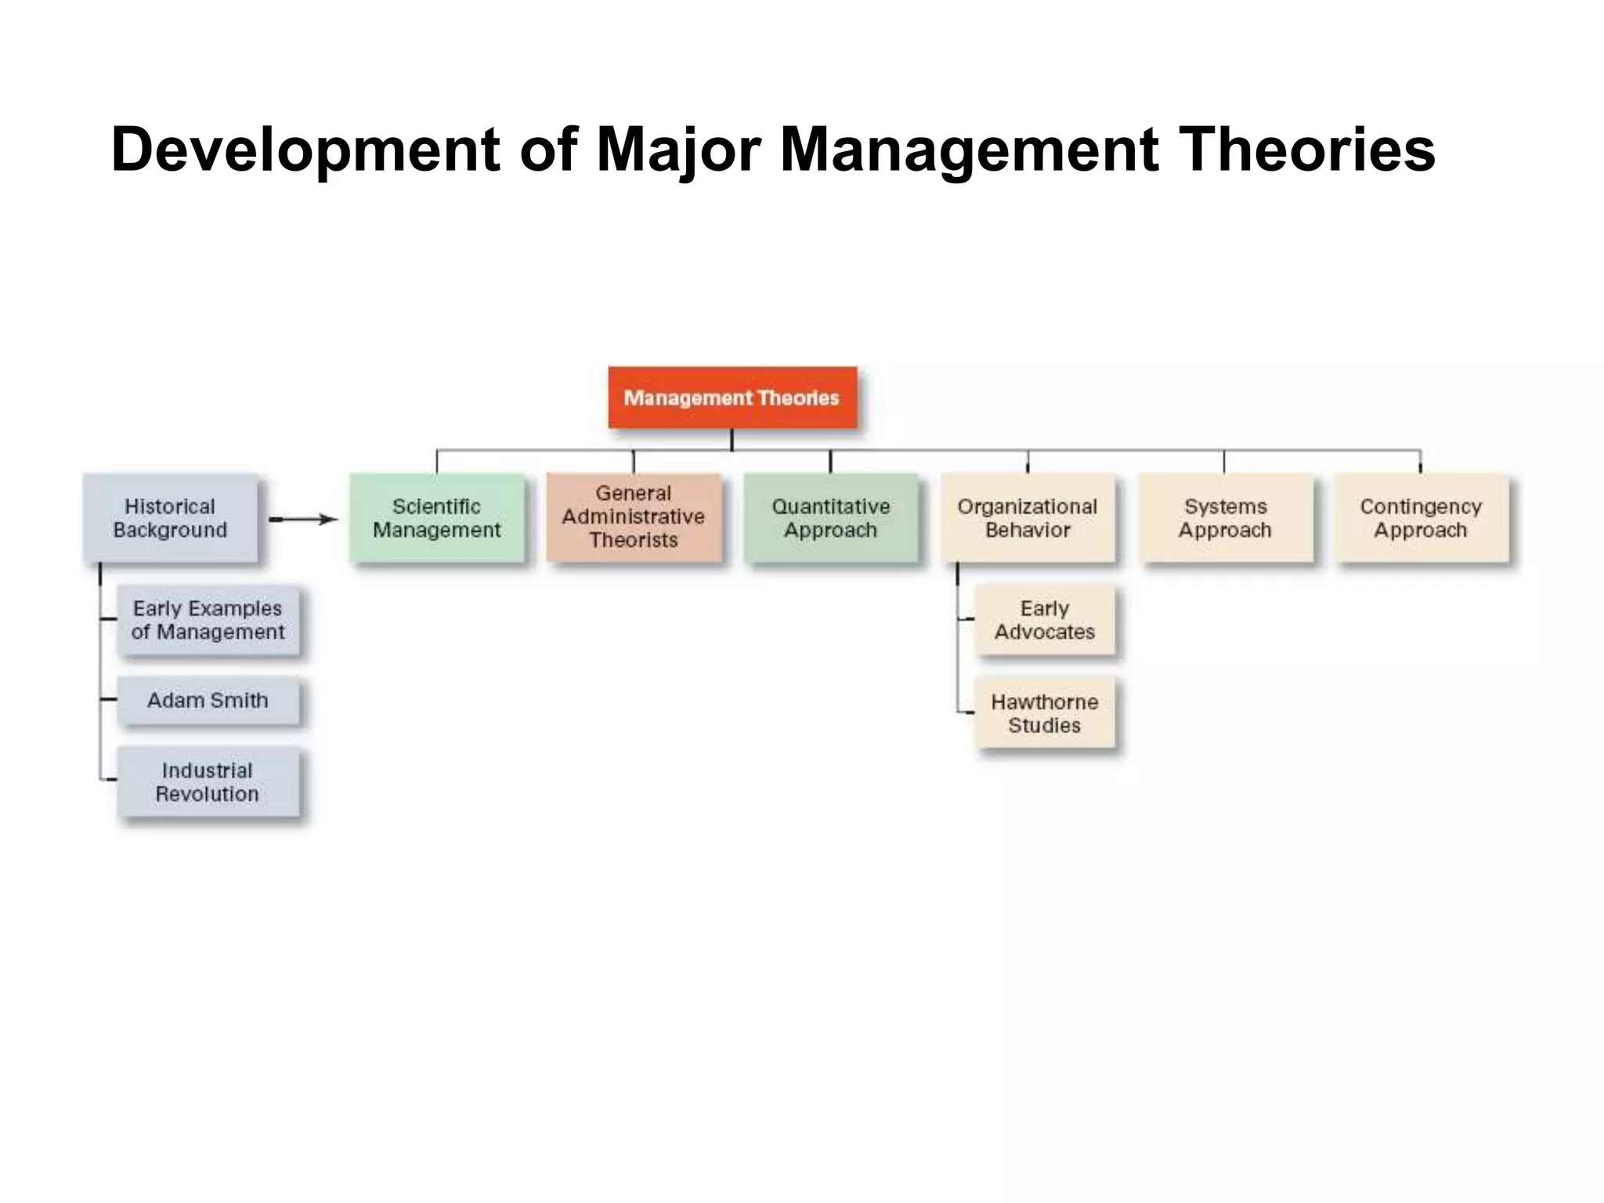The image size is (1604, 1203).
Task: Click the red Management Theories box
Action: tap(732, 397)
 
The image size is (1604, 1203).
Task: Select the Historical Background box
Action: tap(170, 518)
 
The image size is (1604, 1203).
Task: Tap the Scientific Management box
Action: tap(436, 518)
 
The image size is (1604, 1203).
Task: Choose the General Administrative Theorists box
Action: tap(633, 517)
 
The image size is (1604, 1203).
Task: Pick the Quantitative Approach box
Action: tap(830, 518)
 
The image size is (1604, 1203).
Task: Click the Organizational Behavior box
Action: tap(1028, 518)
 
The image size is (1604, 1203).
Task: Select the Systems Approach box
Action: tap(1225, 518)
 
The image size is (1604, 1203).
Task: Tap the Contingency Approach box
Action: tap(1421, 518)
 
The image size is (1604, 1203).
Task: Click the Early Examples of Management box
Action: tap(208, 620)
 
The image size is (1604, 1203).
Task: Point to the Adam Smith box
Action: tap(208, 700)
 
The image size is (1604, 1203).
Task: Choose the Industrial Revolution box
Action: tap(208, 782)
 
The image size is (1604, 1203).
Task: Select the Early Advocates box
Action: tap(1044, 620)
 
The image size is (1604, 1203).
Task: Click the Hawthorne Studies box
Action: tap(1044, 713)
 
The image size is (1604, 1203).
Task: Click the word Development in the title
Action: tap(305, 150)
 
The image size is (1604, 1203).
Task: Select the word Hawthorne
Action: tap(1044, 702)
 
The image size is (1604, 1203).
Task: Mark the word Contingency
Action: tap(1421, 507)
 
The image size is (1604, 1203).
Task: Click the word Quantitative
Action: tap(830, 507)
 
